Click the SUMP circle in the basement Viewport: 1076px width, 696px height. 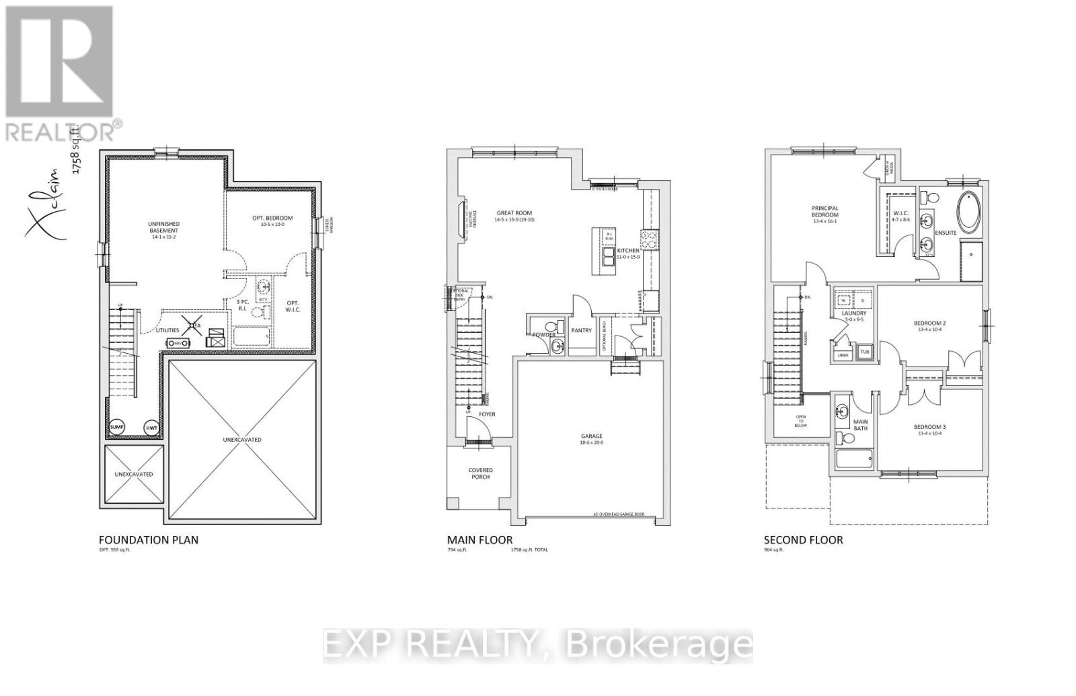(x=117, y=427)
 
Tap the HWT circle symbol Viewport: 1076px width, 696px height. (x=151, y=427)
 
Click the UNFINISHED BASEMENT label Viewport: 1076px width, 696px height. (x=163, y=227)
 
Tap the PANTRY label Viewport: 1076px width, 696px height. (x=581, y=330)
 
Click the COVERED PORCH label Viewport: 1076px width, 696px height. (x=480, y=473)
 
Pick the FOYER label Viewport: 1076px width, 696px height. (x=487, y=414)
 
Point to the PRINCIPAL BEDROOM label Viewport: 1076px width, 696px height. (x=824, y=212)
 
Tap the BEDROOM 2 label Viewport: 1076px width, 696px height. (x=930, y=325)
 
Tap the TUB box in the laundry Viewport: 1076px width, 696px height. (x=864, y=352)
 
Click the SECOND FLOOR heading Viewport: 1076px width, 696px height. (x=803, y=540)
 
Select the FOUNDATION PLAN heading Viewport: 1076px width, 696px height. (x=149, y=540)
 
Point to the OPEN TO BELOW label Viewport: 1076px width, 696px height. (x=801, y=421)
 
